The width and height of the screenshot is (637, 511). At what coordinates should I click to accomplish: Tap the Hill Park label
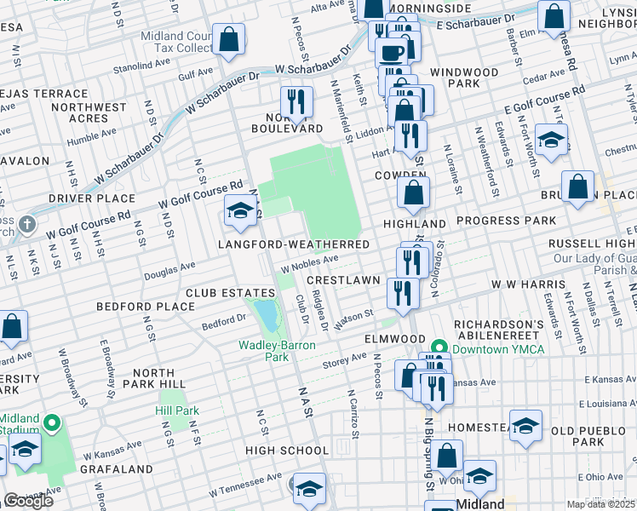click(x=177, y=411)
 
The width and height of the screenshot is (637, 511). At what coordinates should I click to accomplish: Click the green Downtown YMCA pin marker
click(x=439, y=347)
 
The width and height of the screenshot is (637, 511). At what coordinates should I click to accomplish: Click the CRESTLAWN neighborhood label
click(x=343, y=279)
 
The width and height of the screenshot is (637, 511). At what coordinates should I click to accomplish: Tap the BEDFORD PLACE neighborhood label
click(x=146, y=307)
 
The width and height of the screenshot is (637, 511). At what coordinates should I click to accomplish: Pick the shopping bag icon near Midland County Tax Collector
click(x=229, y=38)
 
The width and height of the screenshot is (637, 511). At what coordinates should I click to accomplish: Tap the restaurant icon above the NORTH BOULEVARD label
click(x=296, y=100)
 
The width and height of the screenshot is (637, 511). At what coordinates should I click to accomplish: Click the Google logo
click(x=28, y=501)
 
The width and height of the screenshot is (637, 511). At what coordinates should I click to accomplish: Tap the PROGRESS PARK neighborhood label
click(x=506, y=221)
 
